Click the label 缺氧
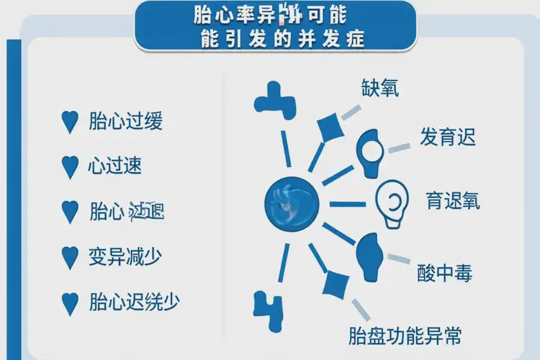(x=380, y=88)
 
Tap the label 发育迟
(x=448, y=137)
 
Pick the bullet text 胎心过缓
(x=125, y=121)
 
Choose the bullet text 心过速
(x=114, y=166)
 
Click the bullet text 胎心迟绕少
(x=132, y=301)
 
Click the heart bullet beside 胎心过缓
(x=70, y=122)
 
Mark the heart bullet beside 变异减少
(x=70, y=256)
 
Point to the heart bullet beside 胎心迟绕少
(x=70, y=302)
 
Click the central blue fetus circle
(x=291, y=202)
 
